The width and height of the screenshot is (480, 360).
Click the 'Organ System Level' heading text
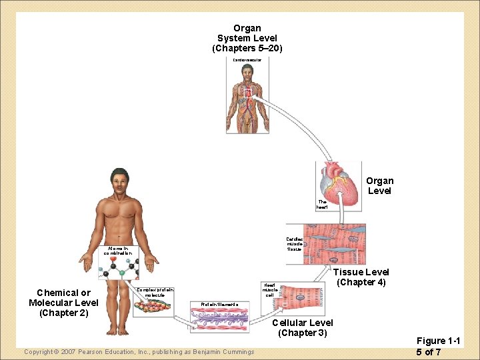click(x=247, y=39)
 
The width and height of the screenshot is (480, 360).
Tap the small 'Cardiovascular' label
click(x=247, y=59)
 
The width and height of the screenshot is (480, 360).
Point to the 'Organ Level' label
click(x=379, y=185)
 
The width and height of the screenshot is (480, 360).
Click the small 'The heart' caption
click(x=322, y=204)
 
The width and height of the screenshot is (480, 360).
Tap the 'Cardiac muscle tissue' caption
click(x=294, y=244)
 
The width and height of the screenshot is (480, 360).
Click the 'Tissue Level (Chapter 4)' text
click(x=361, y=277)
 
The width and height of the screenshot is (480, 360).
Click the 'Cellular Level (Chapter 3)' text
click(x=303, y=327)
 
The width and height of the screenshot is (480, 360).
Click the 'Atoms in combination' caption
click(x=119, y=251)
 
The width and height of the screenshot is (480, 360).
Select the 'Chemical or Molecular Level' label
click(x=63, y=303)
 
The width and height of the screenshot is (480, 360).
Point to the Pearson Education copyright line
click(x=139, y=352)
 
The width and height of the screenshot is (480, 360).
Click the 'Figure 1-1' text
click(x=437, y=341)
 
